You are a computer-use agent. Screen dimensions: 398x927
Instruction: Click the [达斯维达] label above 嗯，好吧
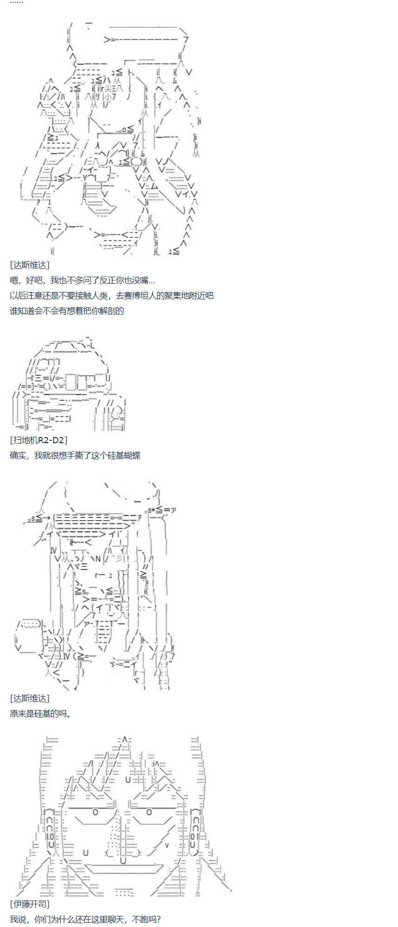coord(29,265)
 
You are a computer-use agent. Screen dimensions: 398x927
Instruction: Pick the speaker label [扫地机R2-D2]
coord(39,440)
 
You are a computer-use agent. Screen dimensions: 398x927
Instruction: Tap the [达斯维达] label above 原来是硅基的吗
coord(29,698)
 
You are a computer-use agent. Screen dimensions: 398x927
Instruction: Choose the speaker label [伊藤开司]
coord(29,904)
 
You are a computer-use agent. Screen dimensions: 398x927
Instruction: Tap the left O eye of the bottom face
coord(96,812)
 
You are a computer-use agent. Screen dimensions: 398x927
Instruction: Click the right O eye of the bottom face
coord(149,812)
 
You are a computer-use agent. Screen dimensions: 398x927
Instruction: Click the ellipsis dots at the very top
coord(16,2)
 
